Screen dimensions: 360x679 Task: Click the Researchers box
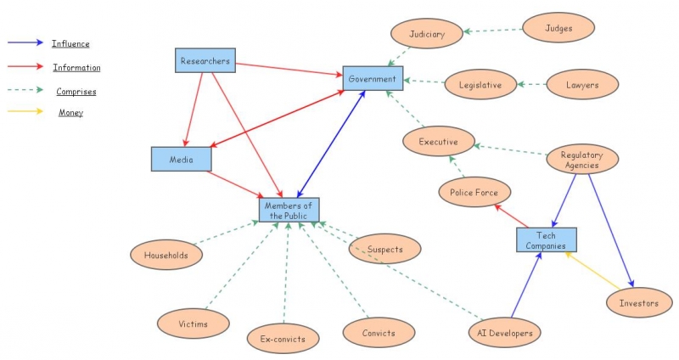(x=205, y=61)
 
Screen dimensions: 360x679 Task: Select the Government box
(x=373, y=79)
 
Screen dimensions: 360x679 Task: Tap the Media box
(x=181, y=159)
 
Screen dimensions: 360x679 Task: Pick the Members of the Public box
(x=289, y=210)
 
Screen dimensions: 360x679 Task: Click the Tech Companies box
(x=546, y=239)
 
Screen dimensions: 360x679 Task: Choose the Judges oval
(x=558, y=28)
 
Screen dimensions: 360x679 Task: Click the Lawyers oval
(x=582, y=85)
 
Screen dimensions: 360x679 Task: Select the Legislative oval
(x=480, y=85)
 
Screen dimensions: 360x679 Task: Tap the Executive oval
(x=438, y=142)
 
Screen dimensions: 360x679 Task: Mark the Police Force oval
(x=474, y=193)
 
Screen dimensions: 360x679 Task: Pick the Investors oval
(x=639, y=302)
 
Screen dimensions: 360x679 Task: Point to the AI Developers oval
(x=505, y=333)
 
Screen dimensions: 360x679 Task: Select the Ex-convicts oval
(x=283, y=339)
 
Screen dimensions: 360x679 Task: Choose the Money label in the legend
(x=71, y=113)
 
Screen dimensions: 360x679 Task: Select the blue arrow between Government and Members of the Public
(x=331, y=144)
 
